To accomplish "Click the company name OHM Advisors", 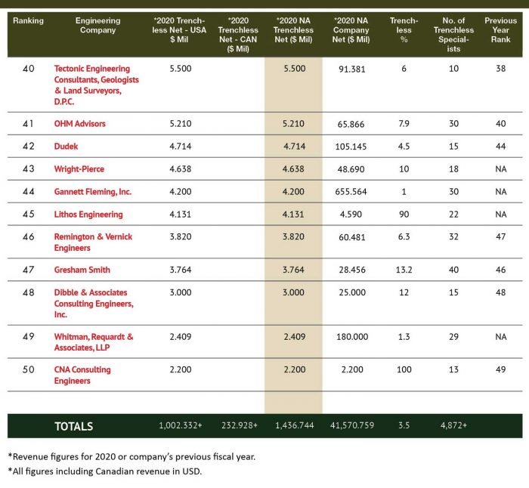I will click(x=79, y=123).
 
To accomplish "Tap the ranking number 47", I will click(x=29, y=270).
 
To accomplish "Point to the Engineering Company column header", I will click(x=96, y=26).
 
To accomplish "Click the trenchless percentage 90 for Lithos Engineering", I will click(x=404, y=215).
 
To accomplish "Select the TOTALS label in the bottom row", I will click(x=73, y=426).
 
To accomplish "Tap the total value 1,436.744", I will click(x=292, y=426).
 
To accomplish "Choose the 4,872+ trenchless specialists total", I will click(x=453, y=426).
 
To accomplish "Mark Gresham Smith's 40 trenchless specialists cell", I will click(x=453, y=270).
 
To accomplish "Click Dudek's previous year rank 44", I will click(x=500, y=146).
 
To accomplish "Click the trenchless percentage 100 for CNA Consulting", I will click(x=404, y=370).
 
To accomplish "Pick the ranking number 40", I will click(x=29, y=69).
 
